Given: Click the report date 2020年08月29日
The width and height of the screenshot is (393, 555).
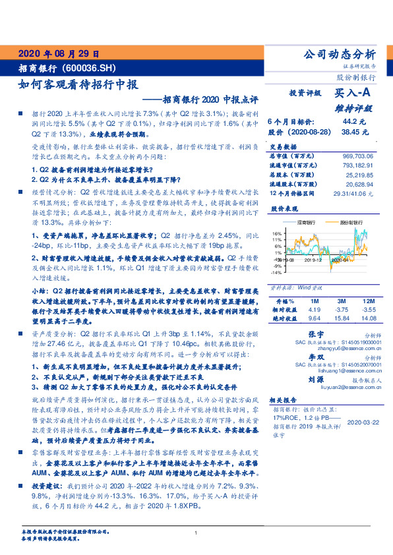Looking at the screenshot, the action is (x=59, y=53).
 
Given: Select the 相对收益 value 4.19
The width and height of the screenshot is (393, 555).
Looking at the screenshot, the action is (x=314, y=308).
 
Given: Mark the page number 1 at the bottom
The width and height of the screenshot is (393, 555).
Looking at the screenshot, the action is (x=196, y=533).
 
